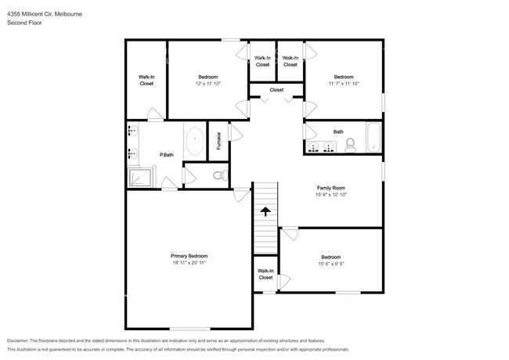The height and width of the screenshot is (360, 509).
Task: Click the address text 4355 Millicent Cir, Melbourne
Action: (45, 14)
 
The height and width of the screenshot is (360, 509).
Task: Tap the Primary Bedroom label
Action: (189, 256)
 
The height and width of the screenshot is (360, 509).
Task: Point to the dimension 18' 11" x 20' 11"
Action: (189, 264)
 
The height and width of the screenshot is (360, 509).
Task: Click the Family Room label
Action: (330, 188)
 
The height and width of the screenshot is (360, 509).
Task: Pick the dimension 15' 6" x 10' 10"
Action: (330, 196)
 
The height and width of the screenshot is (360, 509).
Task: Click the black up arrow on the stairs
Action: (265, 211)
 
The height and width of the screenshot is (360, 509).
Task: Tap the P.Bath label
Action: (166, 154)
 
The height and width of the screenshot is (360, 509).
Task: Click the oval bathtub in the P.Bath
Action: (194, 142)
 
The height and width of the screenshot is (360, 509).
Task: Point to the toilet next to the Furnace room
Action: (220, 174)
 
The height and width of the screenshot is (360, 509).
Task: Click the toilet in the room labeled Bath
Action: (351, 145)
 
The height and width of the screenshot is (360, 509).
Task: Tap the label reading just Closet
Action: (276, 90)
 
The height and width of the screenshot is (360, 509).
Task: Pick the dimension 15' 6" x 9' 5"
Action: (330, 265)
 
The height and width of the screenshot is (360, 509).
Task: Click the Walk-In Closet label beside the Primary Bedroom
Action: (265, 273)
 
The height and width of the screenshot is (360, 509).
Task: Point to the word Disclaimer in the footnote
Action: (21, 341)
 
